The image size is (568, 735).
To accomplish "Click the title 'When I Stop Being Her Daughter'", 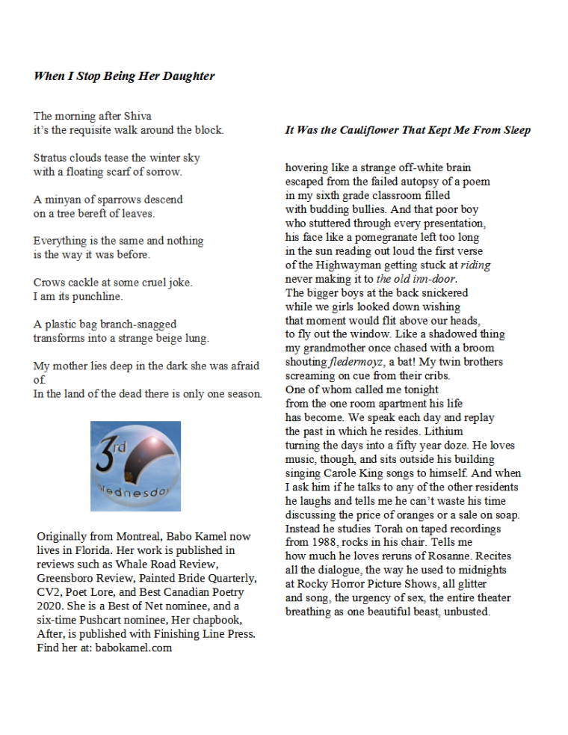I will (124, 76).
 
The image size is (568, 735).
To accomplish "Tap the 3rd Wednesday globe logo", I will (135, 466).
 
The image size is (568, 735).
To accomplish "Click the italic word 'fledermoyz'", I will (356, 362).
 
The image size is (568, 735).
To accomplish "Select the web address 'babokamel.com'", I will (134, 648).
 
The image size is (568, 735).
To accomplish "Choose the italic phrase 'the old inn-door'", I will (416, 279).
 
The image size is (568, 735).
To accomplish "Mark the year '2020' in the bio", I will (49, 606).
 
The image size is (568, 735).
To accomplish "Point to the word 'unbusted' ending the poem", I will (466, 612).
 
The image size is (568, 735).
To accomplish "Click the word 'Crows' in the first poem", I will (49, 283).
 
